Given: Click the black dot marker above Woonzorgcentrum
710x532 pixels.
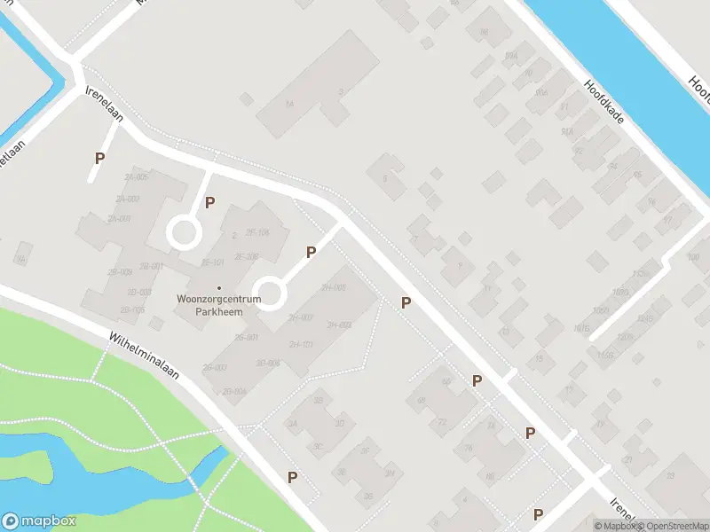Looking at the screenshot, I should pyautogui.click(x=219, y=287).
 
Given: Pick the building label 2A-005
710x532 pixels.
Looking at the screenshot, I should pyautogui.click(x=137, y=177).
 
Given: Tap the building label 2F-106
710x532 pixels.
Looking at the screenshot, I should pyautogui.click(x=257, y=232).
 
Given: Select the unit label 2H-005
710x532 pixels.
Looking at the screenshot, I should pyautogui.click(x=333, y=287).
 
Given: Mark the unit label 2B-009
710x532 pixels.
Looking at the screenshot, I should pyautogui.click(x=120, y=271).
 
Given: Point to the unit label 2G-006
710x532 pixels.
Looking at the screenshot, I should pyautogui.click(x=234, y=391).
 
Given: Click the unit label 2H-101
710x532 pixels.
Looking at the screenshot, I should pyautogui.click(x=302, y=344).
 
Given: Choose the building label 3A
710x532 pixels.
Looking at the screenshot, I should pyautogui.click(x=292, y=424).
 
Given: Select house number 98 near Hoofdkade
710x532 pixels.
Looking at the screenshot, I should pyautogui.click(x=484, y=33).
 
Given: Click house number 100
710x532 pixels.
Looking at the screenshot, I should pyautogui.click(x=693, y=258).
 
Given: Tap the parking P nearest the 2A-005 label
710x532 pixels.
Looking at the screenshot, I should pyautogui.click(x=100, y=159).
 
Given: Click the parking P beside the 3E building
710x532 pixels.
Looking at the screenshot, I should pyautogui.click(x=292, y=477).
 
